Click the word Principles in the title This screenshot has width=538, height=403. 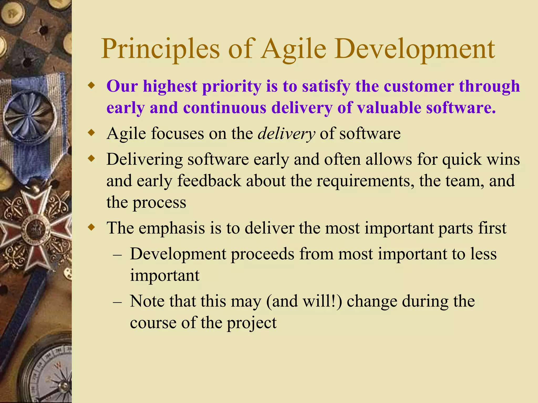point(160,49)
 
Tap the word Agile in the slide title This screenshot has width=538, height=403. point(293,49)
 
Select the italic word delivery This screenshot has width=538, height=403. point(286,134)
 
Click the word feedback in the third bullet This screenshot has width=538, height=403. point(209,181)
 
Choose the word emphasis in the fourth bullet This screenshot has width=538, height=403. point(172,228)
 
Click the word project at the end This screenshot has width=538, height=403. point(251,323)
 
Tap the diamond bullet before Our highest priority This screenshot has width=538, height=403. point(91,86)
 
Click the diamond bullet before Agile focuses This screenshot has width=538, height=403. point(91,133)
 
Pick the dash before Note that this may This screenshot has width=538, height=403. point(117,302)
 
